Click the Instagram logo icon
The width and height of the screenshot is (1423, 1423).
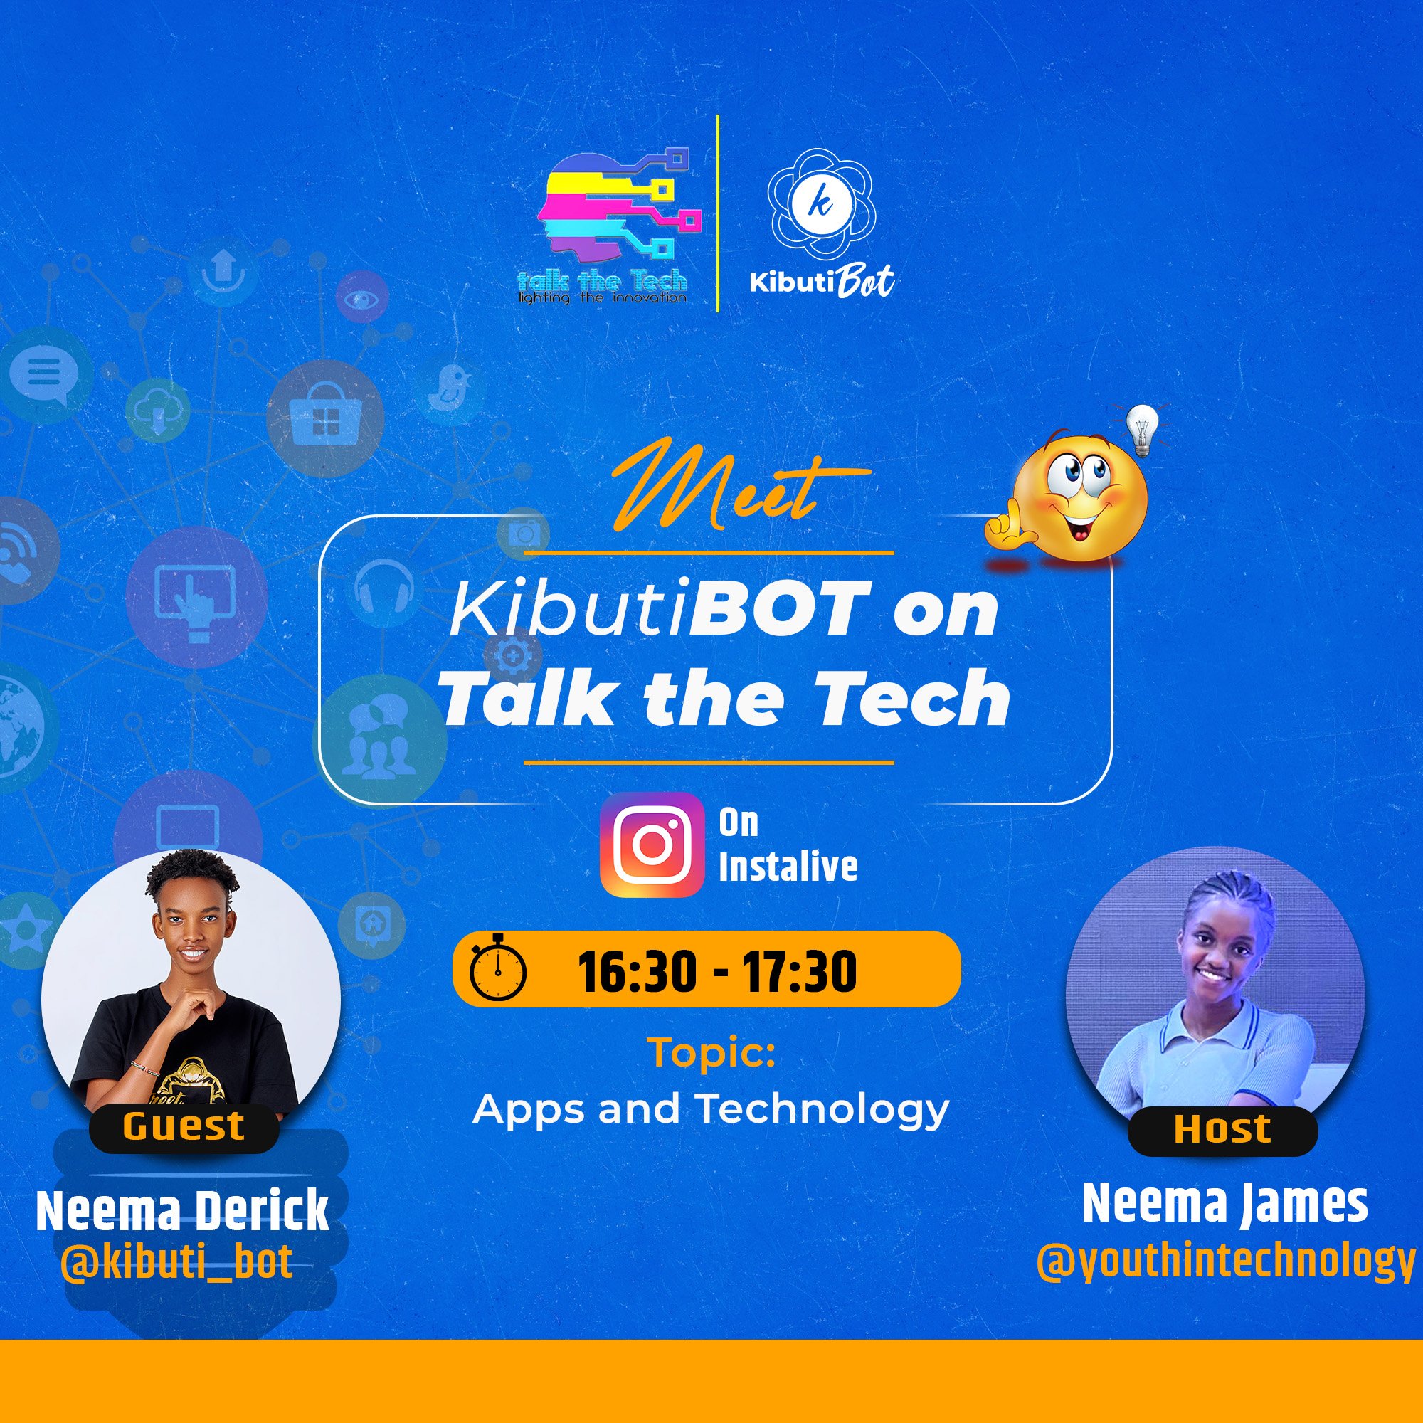652,845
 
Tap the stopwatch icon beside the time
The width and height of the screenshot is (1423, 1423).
498,968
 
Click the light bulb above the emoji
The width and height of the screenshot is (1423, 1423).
1142,430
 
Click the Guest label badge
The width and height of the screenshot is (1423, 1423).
184,1126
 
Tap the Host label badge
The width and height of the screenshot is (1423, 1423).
1222,1129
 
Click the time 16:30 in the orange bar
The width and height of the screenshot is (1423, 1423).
635,971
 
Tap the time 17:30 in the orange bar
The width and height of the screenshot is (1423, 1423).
799,971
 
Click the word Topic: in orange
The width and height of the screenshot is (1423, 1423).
711,1053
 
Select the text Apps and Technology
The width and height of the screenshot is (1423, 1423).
711,1109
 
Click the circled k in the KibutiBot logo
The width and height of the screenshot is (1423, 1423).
820,203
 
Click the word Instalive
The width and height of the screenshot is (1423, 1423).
788,867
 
